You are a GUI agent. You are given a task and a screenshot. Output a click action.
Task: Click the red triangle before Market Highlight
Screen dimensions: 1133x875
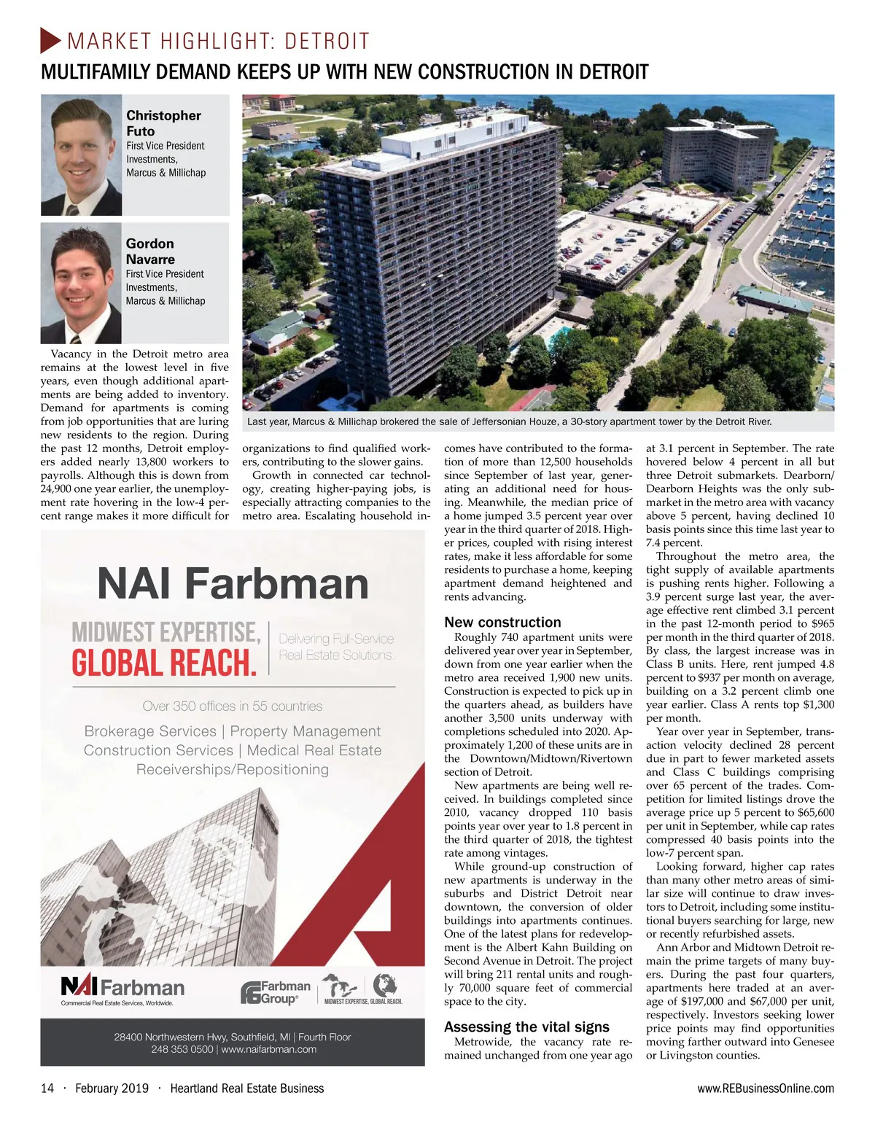[x=50, y=40]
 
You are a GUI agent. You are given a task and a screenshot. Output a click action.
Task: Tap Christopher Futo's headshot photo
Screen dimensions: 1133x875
[x=81, y=155]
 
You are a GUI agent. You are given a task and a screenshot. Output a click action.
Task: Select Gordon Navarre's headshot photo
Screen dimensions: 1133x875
[x=81, y=283]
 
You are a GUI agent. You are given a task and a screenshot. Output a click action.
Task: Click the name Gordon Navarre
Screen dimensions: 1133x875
[x=150, y=251]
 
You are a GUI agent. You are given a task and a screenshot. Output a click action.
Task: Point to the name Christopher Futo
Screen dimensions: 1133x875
[x=163, y=122]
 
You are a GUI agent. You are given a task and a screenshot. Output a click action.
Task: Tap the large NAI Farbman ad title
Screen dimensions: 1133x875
[x=233, y=584]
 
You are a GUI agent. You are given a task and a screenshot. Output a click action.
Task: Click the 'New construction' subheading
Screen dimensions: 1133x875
[x=502, y=622]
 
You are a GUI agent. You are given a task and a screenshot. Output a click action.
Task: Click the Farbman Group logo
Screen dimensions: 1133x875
[x=276, y=992]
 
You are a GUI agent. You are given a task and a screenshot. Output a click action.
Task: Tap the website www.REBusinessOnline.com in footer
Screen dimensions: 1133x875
[x=766, y=1089]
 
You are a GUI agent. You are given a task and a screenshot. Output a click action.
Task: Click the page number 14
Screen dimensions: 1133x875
[x=47, y=1089]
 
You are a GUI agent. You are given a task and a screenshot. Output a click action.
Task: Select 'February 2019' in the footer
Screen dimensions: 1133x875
[x=112, y=1089]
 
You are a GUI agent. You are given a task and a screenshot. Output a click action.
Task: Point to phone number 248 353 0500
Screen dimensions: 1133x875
[x=182, y=1049]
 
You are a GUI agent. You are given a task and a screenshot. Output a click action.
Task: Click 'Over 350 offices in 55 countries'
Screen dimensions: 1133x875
[x=233, y=706]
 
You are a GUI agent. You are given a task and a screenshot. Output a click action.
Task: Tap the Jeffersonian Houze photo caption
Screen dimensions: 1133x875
[x=509, y=421]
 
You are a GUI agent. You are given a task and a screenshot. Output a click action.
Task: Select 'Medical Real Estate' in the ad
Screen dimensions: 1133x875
[x=314, y=750]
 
